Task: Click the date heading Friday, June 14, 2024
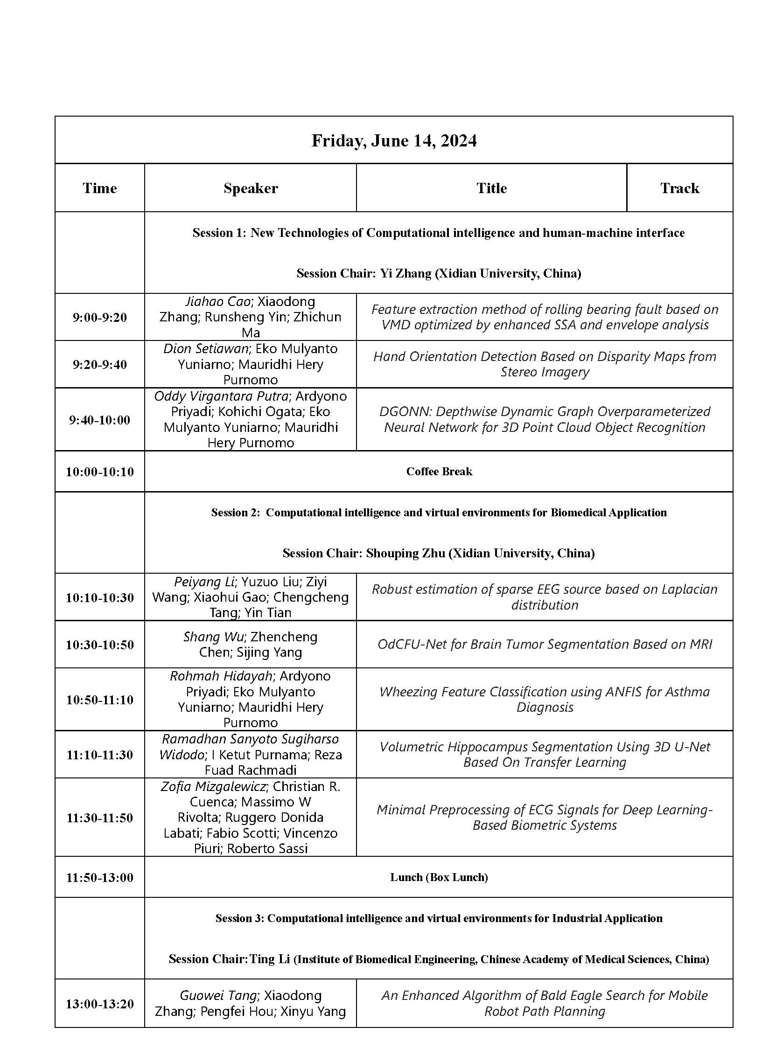394,140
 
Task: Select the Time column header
99,188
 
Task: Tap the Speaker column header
251,188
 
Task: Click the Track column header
679,188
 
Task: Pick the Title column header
491,188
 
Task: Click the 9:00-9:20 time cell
99,318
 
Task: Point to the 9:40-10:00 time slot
99,420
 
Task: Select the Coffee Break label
439,472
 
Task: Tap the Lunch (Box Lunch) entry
439,877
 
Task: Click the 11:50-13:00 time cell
99,878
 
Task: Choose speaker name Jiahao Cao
218,302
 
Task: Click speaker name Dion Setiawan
205,349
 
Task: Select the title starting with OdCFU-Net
545,644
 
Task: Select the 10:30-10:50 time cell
99,645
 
